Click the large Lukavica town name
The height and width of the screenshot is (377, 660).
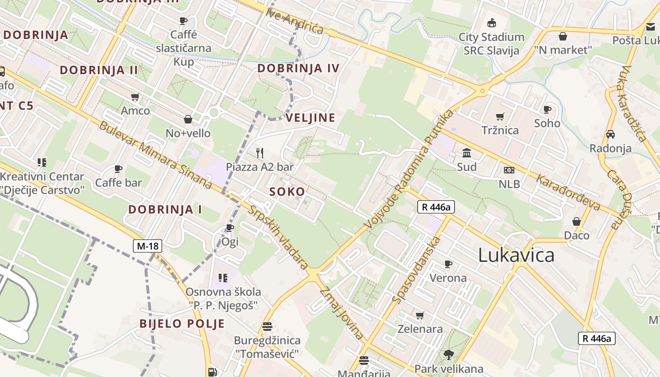(516, 255)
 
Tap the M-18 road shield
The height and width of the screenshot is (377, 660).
(148, 246)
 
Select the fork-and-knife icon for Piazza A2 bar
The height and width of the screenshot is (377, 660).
(259, 153)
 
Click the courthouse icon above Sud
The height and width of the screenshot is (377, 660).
(467, 153)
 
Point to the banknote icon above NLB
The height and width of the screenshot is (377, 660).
(509, 170)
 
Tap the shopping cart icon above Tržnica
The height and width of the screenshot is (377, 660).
(500, 116)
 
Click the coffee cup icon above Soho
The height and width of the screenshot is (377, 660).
(547, 109)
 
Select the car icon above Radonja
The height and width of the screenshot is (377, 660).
(610, 134)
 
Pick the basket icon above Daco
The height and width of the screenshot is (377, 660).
(577, 221)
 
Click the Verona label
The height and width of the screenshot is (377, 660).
(448, 278)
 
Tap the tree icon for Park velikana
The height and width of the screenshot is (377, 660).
(448, 354)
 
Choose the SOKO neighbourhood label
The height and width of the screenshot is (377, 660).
(287, 192)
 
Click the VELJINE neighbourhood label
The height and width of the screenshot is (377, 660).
(311, 118)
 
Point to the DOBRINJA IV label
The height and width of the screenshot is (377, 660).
(298, 68)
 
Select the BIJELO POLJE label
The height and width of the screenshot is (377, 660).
(182, 324)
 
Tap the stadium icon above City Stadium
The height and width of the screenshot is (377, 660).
(492, 22)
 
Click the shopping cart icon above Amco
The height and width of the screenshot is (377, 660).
(135, 97)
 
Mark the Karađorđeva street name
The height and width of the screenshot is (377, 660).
(569, 193)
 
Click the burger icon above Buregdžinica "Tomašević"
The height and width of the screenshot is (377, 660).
(267, 326)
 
